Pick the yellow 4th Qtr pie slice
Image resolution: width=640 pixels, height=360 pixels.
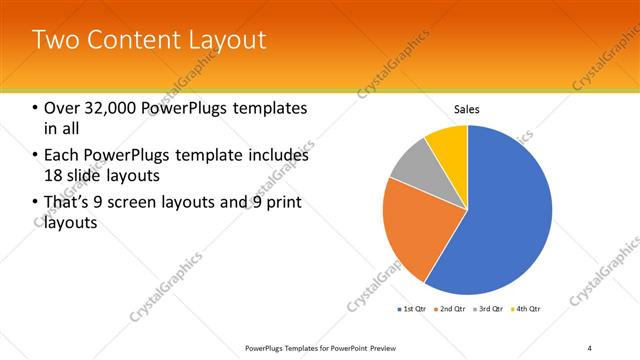click(449, 145)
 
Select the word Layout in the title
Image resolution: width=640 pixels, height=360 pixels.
click(225, 40)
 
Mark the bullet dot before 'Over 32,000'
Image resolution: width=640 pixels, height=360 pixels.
click(36, 109)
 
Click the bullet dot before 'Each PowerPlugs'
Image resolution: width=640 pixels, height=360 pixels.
click(36, 156)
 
